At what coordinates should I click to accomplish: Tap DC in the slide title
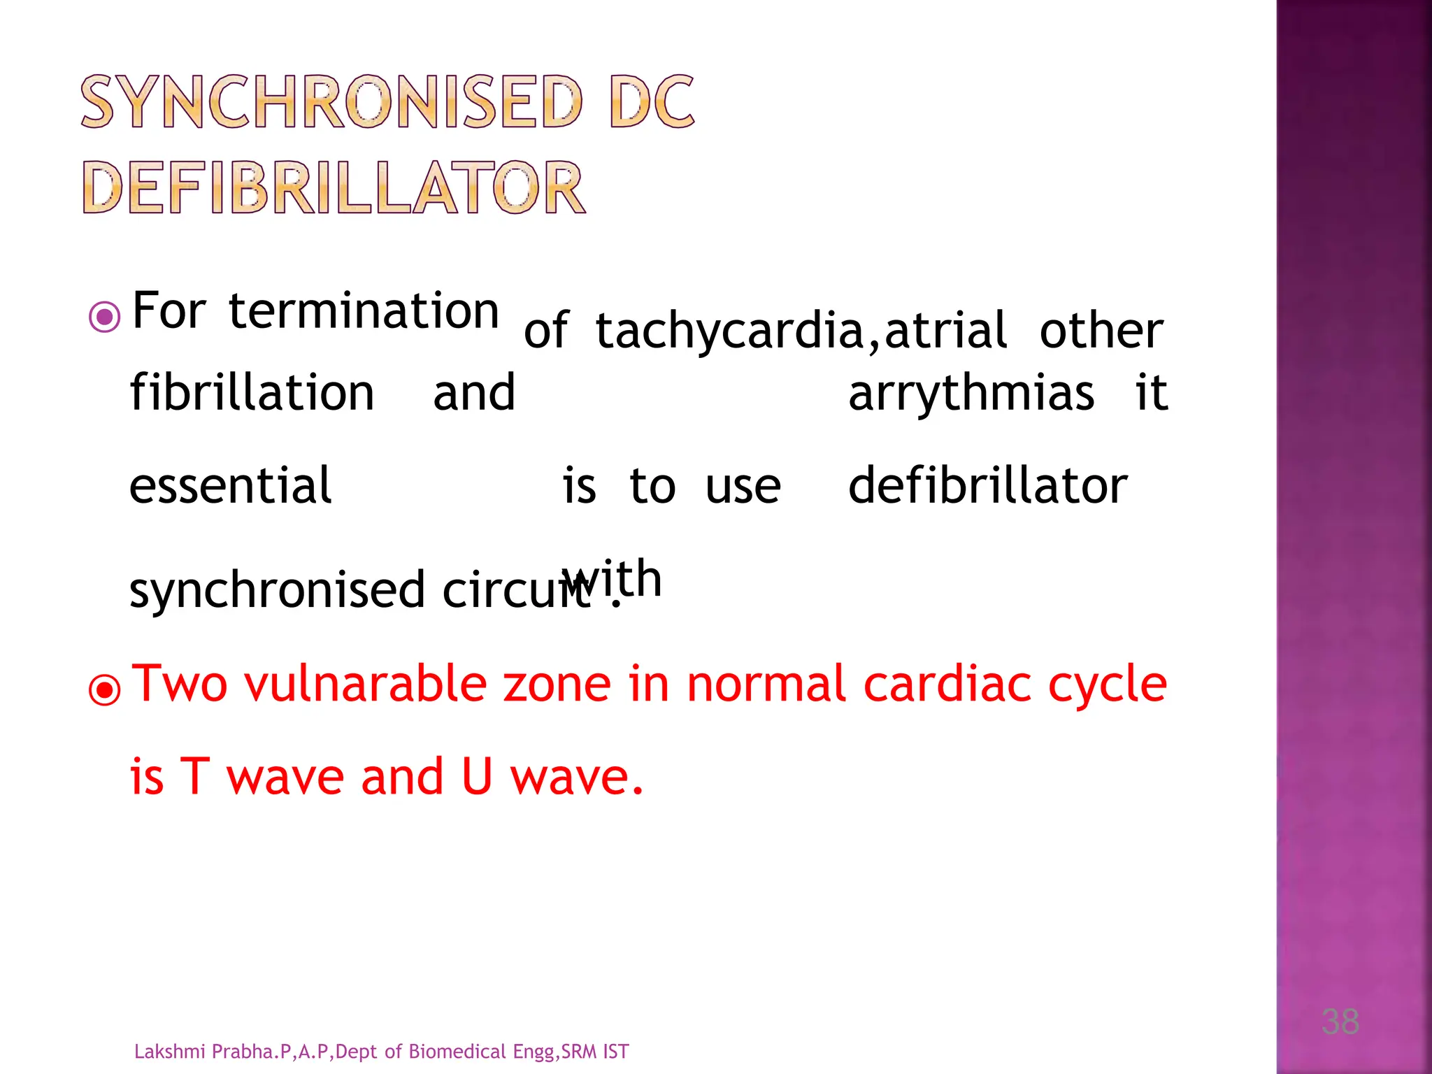[x=652, y=102]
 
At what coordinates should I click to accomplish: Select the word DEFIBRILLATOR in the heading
[x=334, y=187]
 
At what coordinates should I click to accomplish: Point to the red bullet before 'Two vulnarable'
[x=105, y=690]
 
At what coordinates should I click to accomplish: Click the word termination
[x=364, y=310]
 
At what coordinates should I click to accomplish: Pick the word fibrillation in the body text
[x=252, y=392]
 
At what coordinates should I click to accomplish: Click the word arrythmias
[x=971, y=392]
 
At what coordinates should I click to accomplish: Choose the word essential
[x=231, y=485]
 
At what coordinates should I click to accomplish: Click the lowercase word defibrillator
[x=987, y=485]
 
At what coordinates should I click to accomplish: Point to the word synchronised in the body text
[x=278, y=589]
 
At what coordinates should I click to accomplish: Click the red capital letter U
[x=478, y=776]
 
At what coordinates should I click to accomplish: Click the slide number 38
[x=1340, y=1022]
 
